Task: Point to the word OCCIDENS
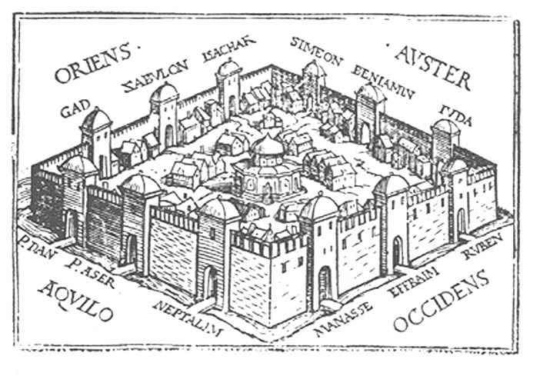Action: (x=442, y=302)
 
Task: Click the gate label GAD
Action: (x=73, y=108)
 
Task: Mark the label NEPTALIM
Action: (x=188, y=320)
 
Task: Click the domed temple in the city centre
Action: (x=267, y=169)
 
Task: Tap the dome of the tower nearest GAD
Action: (x=96, y=119)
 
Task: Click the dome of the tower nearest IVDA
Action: (x=446, y=126)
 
